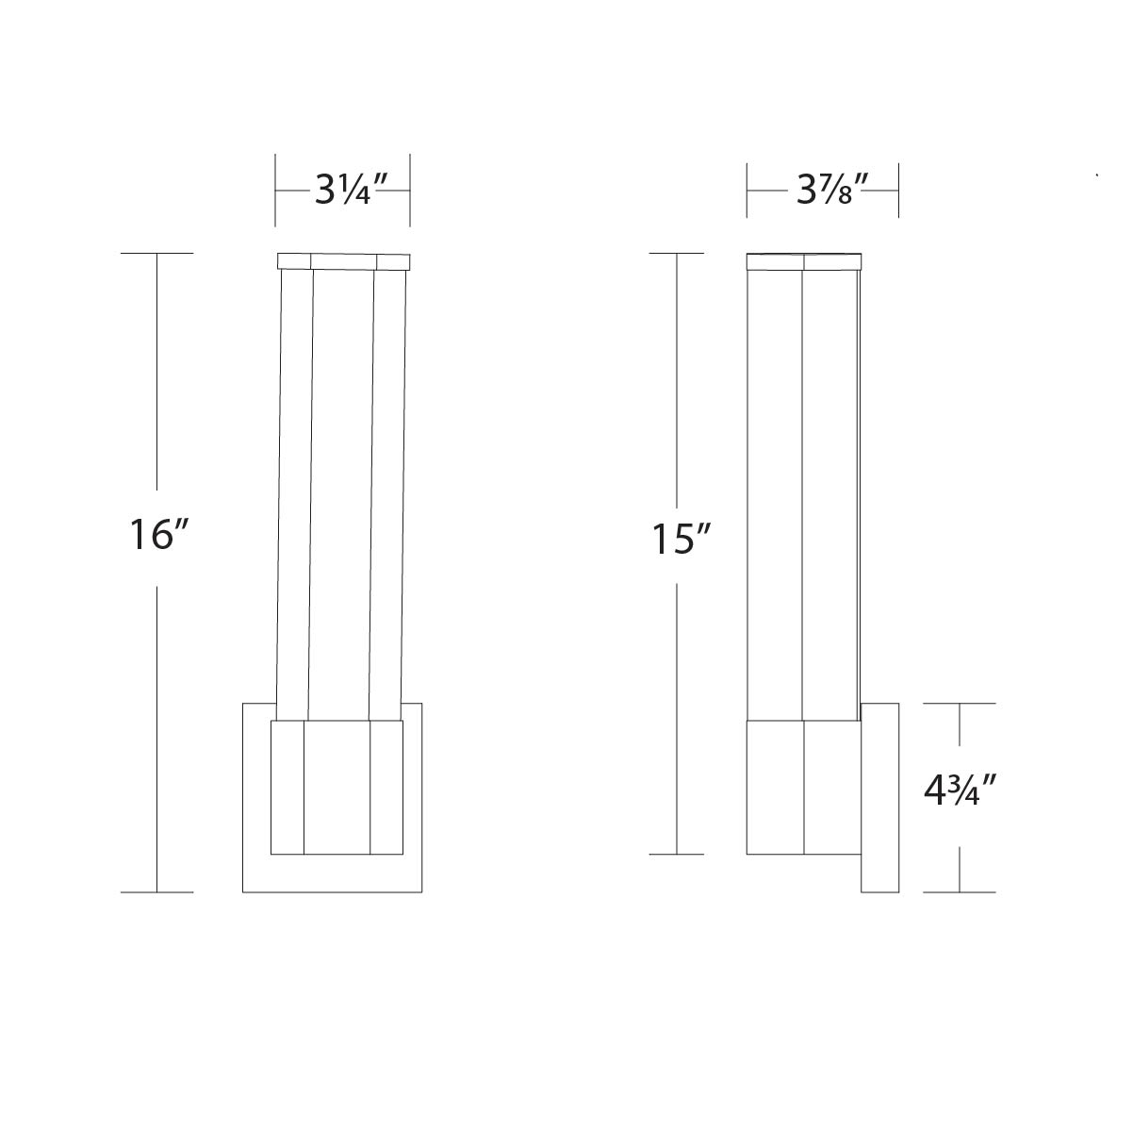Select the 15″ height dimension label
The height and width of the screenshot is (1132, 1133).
tap(681, 539)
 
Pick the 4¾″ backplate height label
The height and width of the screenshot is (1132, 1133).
tap(960, 790)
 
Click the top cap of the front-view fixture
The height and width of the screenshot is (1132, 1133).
tap(343, 261)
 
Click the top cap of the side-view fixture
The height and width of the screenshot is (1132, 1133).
tap(803, 261)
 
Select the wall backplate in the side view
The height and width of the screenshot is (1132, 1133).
tap(879, 797)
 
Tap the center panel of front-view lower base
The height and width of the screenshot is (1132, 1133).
tap(337, 788)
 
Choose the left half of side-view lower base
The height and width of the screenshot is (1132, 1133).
tap(775, 788)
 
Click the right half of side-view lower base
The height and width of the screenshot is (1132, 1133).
tap(831, 788)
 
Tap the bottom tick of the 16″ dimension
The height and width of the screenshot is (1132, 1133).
tap(156, 891)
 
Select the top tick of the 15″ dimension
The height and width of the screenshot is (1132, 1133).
tap(677, 254)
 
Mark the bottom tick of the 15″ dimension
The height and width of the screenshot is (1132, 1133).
tap(677, 854)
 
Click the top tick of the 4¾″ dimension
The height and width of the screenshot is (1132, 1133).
tap(960, 703)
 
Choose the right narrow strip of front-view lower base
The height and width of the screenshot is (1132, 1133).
tap(386, 788)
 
